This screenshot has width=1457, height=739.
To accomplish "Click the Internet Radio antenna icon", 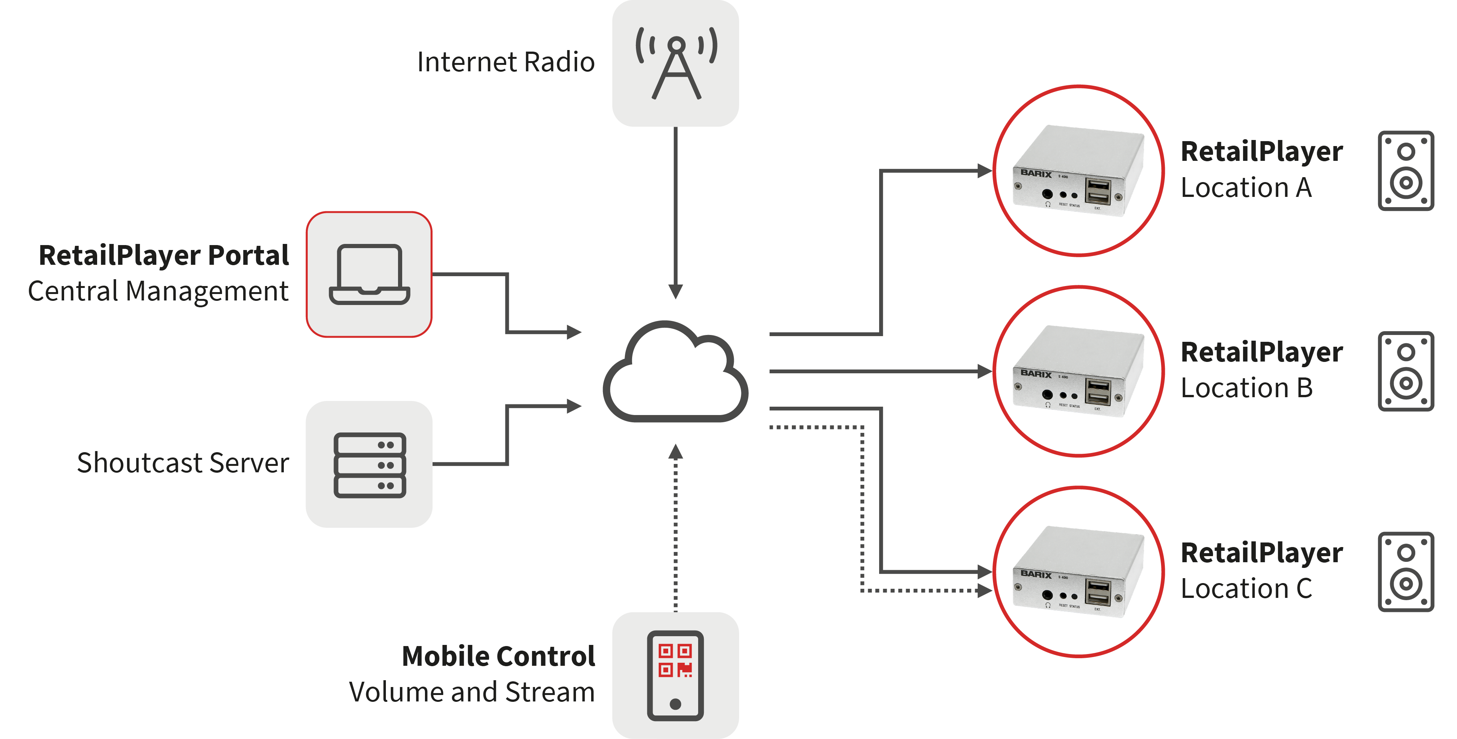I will pyautogui.click(x=676, y=63).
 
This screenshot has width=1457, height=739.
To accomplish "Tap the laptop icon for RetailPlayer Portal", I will pyautogui.click(x=369, y=275).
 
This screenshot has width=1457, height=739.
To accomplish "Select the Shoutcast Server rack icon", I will pyautogui.click(x=369, y=465).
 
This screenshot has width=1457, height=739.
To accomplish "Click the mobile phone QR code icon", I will pyautogui.click(x=675, y=675).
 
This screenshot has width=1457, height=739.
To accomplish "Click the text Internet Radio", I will pyautogui.click(x=506, y=62).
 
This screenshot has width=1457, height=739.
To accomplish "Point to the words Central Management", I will pyautogui.click(x=158, y=292).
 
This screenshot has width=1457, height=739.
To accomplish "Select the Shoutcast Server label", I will pyautogui.click(x=183, y=463).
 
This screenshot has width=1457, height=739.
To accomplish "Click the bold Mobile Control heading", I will pyautogui.click(x=498, y=656).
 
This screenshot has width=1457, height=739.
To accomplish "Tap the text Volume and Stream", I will pyautogui.click(x=472, y=692).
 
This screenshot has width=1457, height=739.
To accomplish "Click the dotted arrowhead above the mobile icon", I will pyautogui.click(x=675, y=452).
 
